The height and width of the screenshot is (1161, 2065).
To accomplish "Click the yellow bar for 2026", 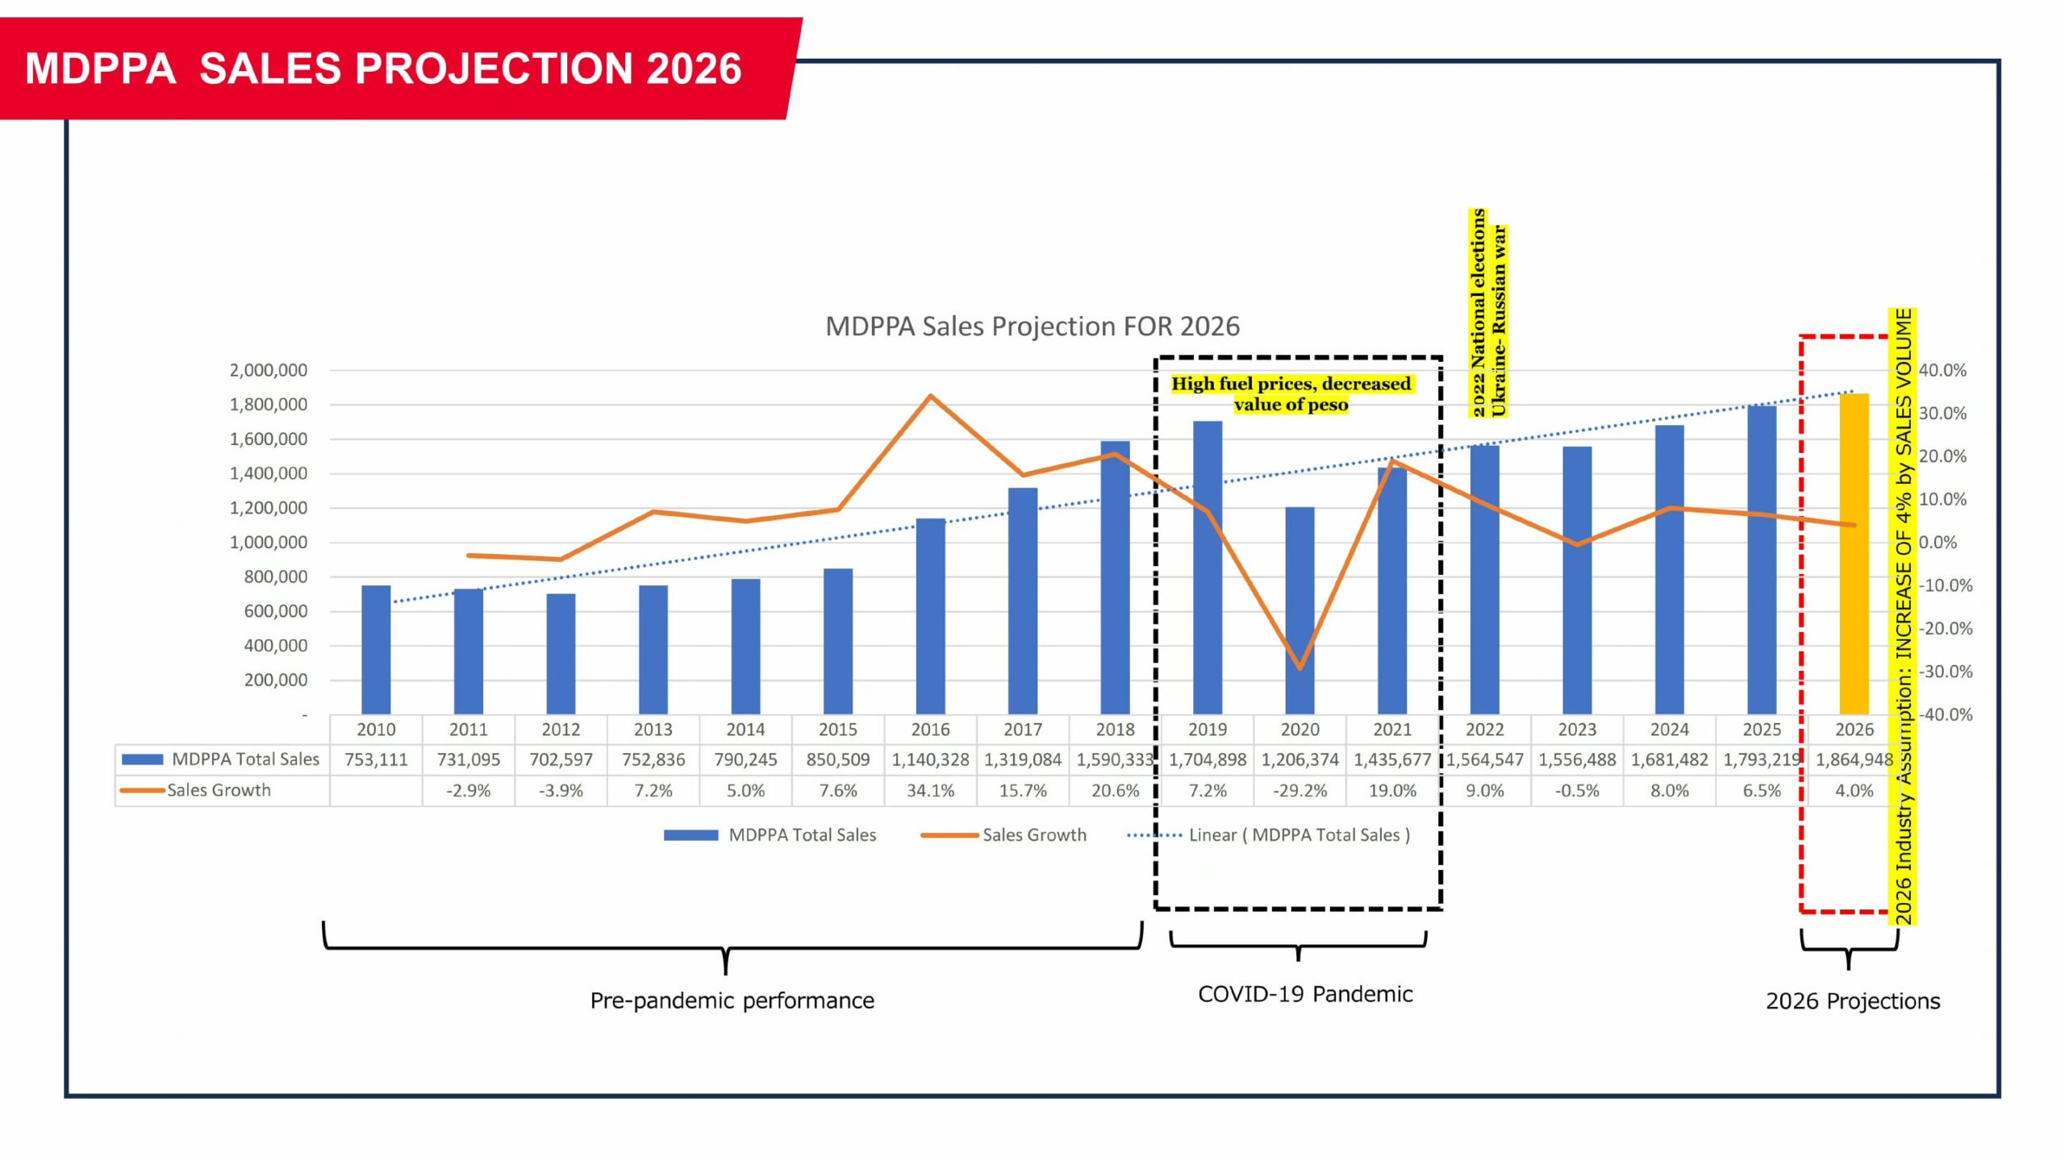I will point(1854,556).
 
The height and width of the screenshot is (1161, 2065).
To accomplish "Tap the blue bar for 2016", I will point(930,617).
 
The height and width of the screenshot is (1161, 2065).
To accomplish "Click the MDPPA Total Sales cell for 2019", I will point(1207,759).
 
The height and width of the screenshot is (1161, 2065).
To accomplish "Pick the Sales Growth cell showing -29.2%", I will point(1299,791).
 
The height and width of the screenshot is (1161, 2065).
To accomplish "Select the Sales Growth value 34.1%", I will point(930,791).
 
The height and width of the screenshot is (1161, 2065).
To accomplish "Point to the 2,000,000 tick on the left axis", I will point(268,371).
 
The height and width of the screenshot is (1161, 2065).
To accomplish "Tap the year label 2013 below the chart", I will point(653,730).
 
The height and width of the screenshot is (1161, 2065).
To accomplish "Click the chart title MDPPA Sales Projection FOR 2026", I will point(1032,327).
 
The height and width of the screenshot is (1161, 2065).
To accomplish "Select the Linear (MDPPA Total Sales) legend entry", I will point(1269,835).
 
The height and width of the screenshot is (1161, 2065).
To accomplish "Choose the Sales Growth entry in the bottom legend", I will point(1004,835).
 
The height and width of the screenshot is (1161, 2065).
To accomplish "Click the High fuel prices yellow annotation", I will point(1291,394).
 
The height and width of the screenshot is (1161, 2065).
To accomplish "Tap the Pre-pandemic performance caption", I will point(732,1001).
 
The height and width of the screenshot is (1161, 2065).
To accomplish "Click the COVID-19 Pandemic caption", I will point(1304,994).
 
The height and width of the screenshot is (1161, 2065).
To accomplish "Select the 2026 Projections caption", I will point(1852,1001).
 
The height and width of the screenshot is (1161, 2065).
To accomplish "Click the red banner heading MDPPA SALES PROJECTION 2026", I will point(383,69).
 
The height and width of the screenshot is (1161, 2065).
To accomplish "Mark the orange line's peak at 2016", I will point(930,396).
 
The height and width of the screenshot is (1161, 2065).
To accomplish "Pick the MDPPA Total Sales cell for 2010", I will point(376,759).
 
